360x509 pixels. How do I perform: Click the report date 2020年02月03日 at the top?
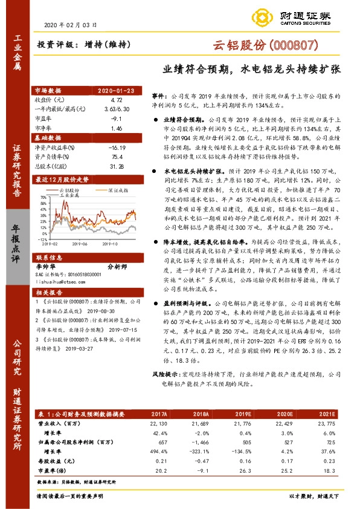[x=71, y=25]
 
